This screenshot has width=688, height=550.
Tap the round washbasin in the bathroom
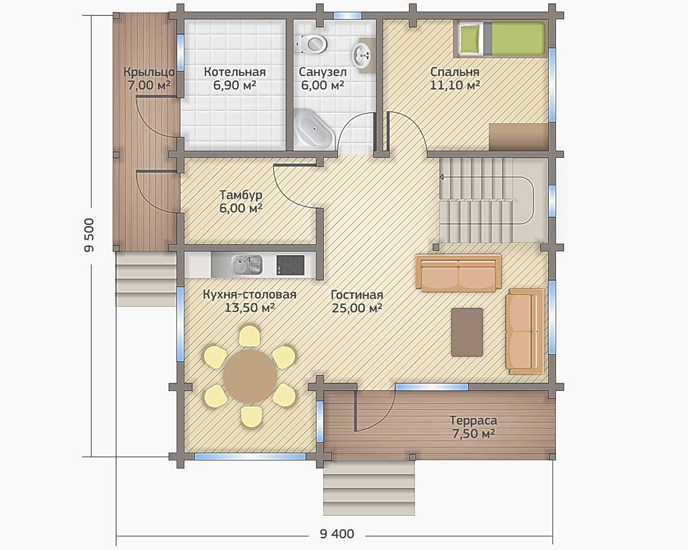point(362,56)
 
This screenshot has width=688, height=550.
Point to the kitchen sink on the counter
point(247,265)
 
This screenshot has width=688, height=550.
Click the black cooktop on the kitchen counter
point(290,265)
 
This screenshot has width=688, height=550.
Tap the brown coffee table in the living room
point(467,332)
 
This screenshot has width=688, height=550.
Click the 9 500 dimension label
point(90,235)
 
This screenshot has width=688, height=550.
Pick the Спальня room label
point(455,72)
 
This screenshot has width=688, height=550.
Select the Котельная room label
point(235,72)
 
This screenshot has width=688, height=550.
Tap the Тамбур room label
point(241,195)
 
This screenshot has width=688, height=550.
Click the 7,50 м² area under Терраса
point(473,433)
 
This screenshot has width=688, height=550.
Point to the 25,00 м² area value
point(357,308)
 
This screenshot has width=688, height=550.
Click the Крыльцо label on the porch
point(149,72)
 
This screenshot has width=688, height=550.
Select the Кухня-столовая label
point(250,294)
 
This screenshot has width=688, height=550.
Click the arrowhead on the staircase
point(442,177)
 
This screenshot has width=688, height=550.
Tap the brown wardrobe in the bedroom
point(518,137)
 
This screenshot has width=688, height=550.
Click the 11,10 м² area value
point(455,85)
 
